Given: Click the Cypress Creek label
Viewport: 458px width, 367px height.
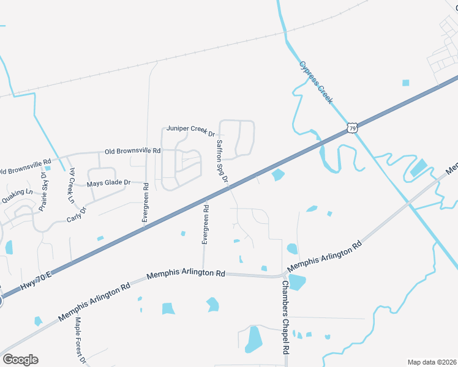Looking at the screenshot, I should point(316,82).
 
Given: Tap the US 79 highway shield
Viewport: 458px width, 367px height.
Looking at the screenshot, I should point(351,127).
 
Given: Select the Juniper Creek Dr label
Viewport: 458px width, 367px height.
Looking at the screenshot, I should point(191,131).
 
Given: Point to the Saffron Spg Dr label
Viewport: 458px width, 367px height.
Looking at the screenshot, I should point(221,161).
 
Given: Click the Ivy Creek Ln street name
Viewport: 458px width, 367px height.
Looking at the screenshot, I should point(72,185).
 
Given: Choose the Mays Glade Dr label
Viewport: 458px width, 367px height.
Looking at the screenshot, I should point(109,183).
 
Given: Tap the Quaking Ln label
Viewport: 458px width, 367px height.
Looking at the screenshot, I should point(17,195).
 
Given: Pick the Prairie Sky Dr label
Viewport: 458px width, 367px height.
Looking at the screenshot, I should point(44,191).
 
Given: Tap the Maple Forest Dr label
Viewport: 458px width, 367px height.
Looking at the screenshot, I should point(80,340).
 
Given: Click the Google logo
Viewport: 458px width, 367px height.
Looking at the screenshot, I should point(20,360).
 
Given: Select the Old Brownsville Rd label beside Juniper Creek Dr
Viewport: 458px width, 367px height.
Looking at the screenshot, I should point(132,150).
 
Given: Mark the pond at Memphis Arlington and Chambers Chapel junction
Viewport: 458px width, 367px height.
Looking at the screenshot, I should point(297,282).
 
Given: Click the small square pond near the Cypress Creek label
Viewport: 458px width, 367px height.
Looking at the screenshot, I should point(405,83).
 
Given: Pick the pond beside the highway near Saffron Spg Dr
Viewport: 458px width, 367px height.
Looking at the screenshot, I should point(277,176).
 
